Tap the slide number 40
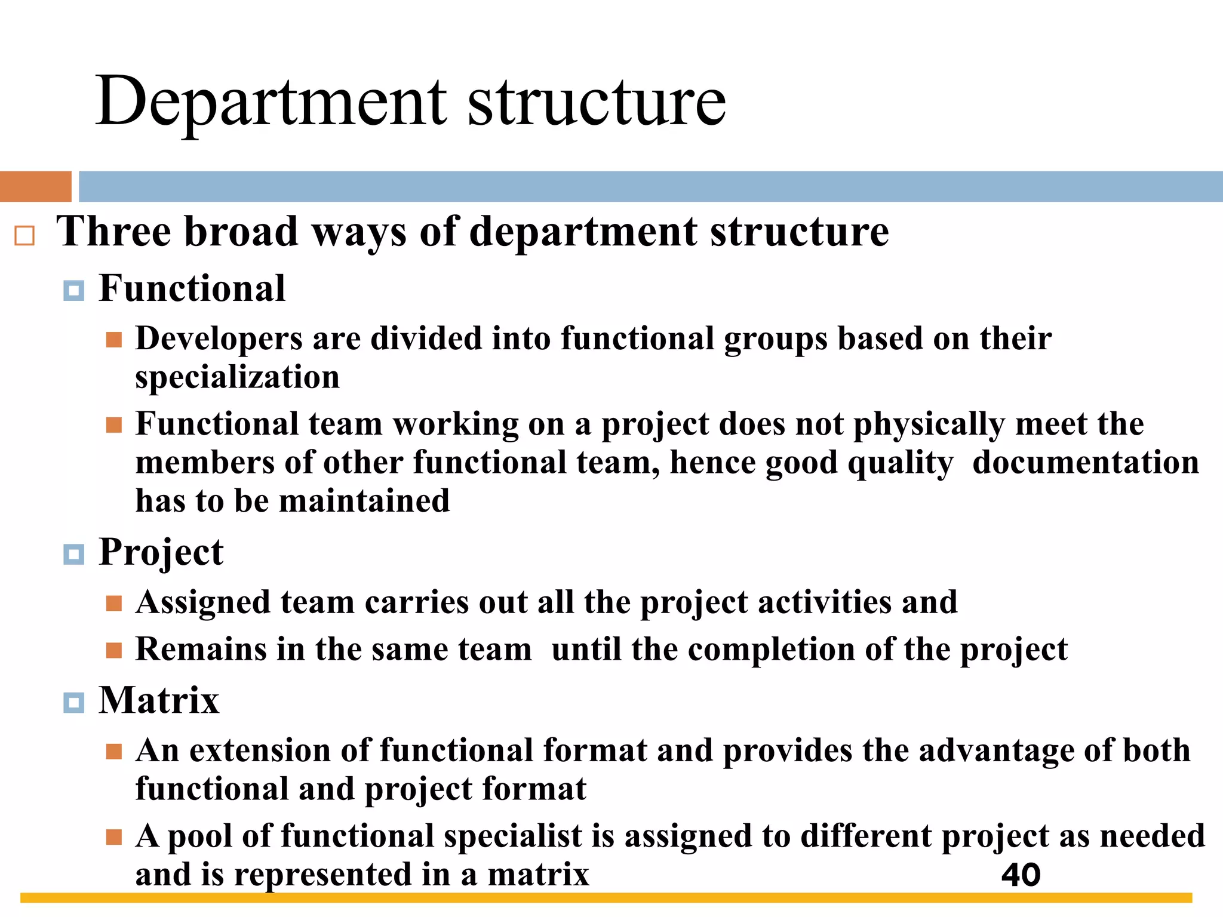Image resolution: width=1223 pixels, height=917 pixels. [1021, 875]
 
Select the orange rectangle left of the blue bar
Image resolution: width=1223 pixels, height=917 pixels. [35, 186]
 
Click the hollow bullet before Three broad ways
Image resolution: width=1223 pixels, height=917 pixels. [24, 236]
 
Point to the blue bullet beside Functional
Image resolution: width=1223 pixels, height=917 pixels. [73, 291]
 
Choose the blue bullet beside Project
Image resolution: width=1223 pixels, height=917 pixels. [73, 555]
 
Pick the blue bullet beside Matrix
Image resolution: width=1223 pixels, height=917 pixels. [73, 703]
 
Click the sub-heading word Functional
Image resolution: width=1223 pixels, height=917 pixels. [192, 288]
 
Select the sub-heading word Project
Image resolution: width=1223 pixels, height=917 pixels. [161, 553]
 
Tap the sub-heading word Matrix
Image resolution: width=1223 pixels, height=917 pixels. [158, 700]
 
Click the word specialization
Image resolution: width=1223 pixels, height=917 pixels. [237, 378]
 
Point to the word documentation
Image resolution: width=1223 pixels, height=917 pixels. [1085, 463]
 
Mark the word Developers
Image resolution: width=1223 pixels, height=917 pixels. [219, 339]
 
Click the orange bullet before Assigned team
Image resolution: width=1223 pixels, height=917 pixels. [113, 604]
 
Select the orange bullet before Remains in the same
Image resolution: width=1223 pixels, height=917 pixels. [113, 650]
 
